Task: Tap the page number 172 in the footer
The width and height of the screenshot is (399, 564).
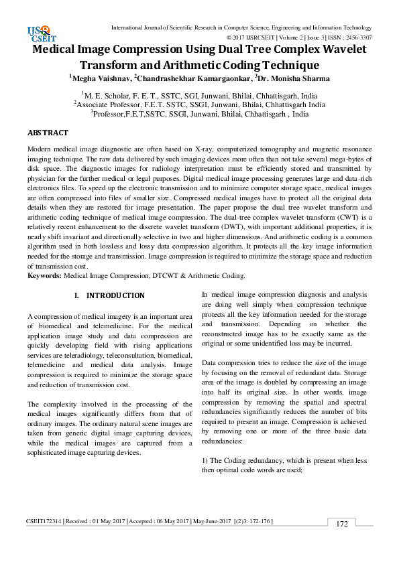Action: pos(342,543)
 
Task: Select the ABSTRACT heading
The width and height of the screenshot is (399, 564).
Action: pos(48,133)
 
